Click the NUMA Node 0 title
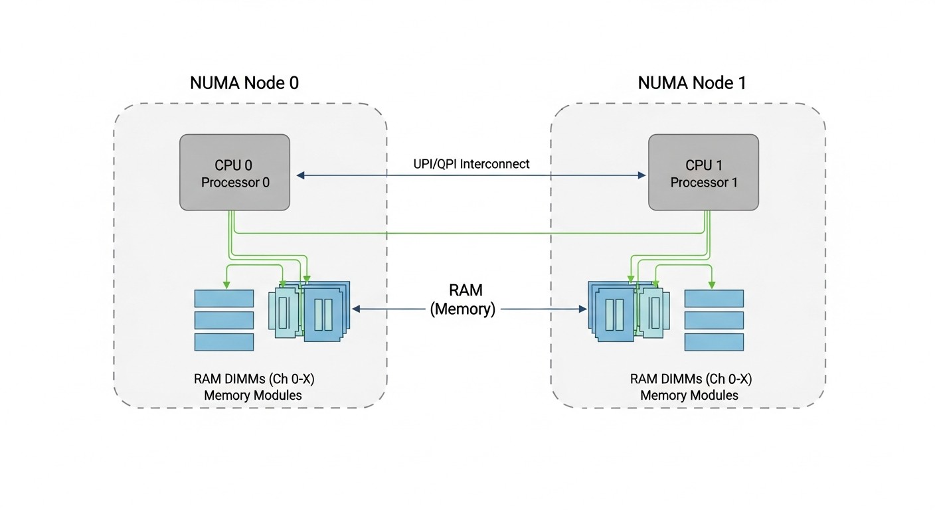244,83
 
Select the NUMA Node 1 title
692,83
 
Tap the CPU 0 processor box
235,173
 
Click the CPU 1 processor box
703,173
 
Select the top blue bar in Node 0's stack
224,298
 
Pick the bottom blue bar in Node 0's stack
224,342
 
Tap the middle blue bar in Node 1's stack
714,320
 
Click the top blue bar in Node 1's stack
714,298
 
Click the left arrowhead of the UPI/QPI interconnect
300,175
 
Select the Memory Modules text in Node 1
689,395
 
